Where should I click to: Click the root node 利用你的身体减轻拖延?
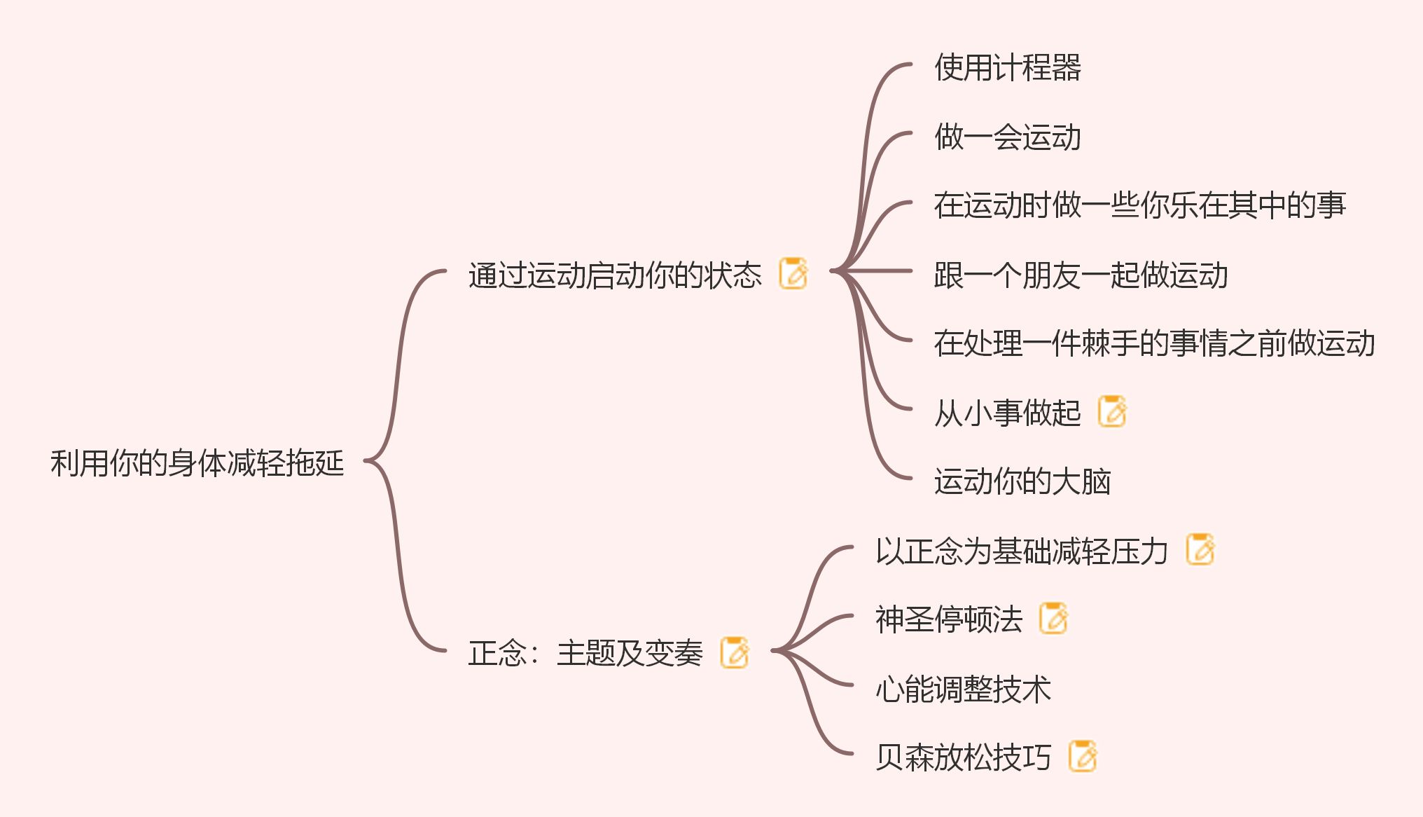coord(197,463)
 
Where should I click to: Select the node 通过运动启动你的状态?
coord(614,275)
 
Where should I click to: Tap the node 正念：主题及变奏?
coord(585,653)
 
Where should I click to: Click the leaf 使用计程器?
coord(1007,68)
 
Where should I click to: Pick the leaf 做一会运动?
coord(1007,137)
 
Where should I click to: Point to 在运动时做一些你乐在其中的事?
coord(1139,205)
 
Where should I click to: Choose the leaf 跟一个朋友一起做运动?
coord(1081,275)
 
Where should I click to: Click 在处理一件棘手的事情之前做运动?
coord(1154,343)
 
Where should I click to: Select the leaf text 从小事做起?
coord(1007,413)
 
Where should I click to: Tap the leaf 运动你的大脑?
coord(1022,481)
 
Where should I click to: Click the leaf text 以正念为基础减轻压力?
coord(1021,551)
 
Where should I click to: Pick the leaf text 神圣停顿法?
coord(948,619)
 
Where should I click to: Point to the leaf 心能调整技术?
coord(963,689)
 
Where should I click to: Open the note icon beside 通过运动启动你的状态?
coord(793,273)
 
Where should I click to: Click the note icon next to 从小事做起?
coord(1112,411)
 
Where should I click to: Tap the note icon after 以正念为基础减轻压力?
coord(1200,549)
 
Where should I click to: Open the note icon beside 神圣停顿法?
coord(1053,618)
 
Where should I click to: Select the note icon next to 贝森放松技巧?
coord(1083,756)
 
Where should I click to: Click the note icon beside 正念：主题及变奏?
coord(735,652)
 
